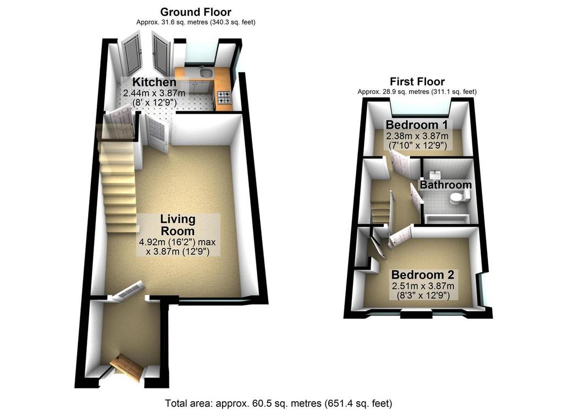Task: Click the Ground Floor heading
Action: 196,12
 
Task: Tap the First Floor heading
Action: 417,81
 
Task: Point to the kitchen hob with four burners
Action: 224,97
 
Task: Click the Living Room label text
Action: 178,225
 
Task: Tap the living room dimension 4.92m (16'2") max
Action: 178,242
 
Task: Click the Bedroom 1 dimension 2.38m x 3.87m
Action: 417,136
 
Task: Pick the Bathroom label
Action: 446,185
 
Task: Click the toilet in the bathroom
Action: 460,197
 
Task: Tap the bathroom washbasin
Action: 435,174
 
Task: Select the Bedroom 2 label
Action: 423,275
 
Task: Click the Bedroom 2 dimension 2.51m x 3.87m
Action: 423,286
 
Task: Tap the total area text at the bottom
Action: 279,403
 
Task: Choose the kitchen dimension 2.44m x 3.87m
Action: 154,93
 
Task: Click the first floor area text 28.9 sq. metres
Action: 393,91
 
